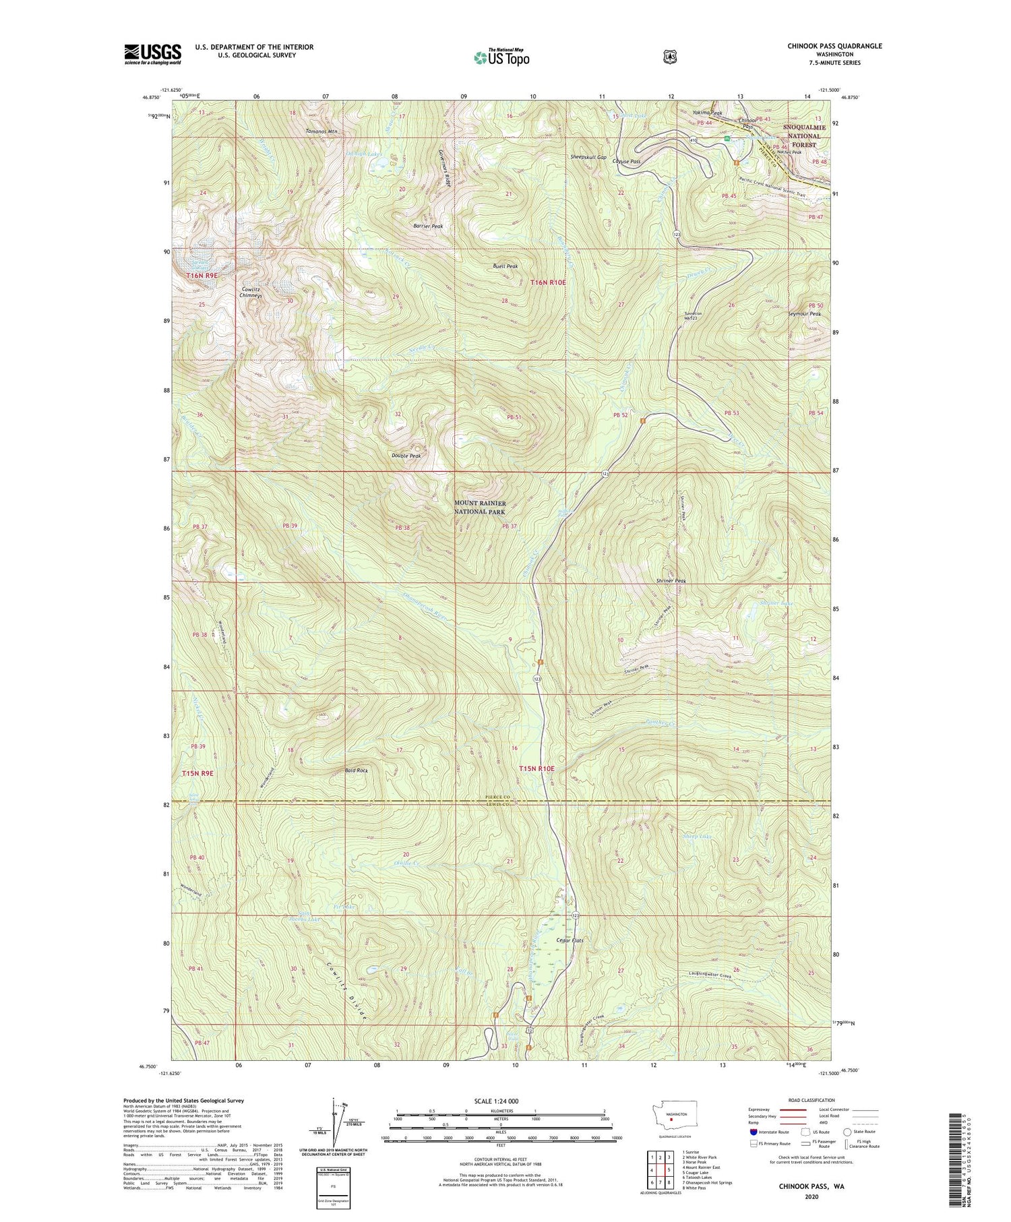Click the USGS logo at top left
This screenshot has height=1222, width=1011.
pos(152,54)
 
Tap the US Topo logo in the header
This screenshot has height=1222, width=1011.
pos(501,57)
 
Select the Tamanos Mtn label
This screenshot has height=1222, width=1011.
pos(321,131)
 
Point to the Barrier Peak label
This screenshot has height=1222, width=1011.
pos(428,226)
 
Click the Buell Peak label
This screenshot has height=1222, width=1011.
pos(505,266)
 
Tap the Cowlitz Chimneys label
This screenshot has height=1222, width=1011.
pos(251,293)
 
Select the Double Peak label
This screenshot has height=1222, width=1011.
pos(406,456)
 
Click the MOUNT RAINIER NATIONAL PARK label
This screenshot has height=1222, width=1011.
pos(479,508)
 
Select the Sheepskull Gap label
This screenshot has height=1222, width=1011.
pos(588,157)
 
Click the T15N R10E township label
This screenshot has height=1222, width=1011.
pos(537,768)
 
